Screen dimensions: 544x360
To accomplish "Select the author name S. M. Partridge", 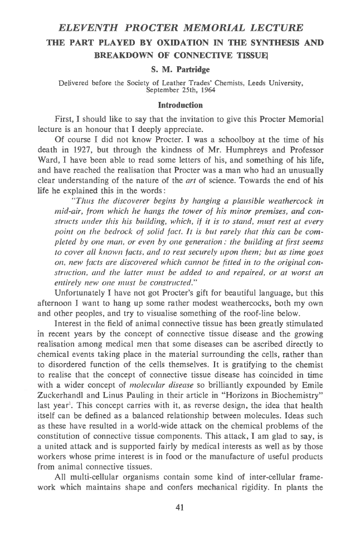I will click(179, 71).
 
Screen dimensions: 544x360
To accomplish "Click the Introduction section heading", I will click(179, 105).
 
